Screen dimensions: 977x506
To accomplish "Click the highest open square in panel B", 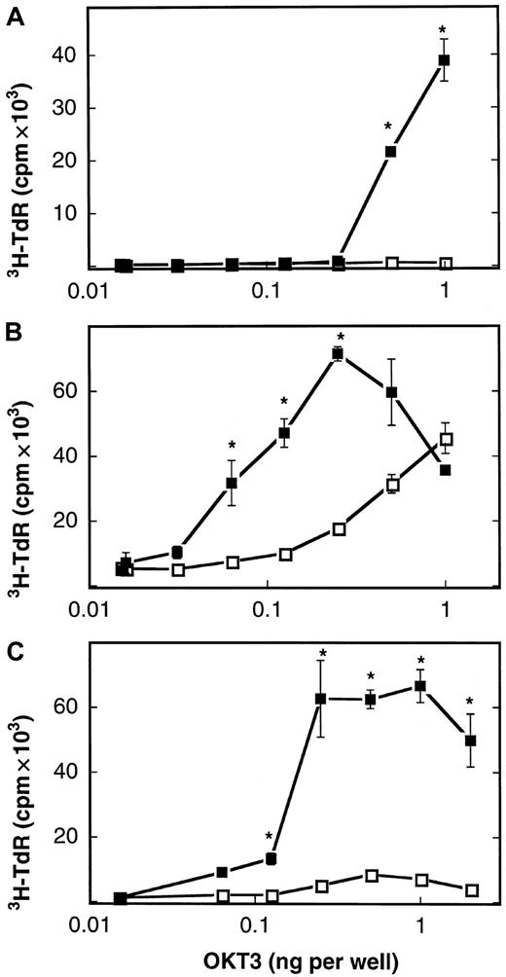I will click(x=446, y=439).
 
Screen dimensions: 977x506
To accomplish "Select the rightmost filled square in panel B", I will click(x=446, y=470).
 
